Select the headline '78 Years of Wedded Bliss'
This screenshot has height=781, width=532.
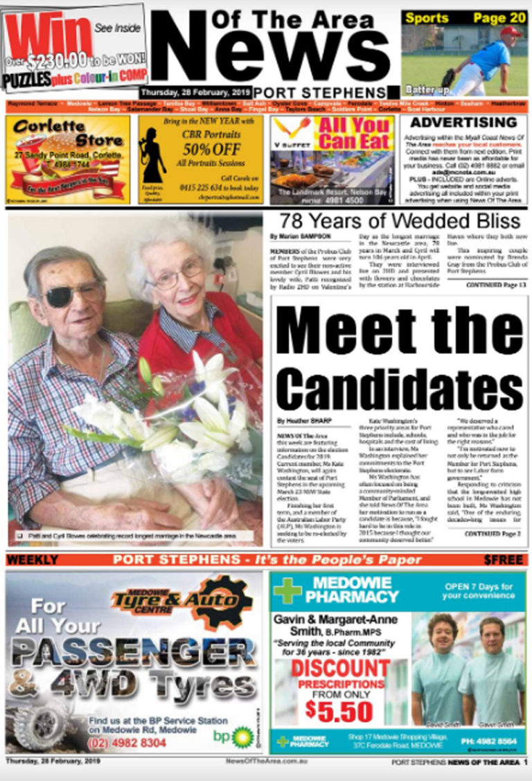click(399, 221)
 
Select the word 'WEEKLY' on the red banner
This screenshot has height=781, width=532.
click(33, 559)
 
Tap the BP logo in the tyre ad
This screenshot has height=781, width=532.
click(242, 736)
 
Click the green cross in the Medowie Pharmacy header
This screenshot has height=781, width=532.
click(287, 590)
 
